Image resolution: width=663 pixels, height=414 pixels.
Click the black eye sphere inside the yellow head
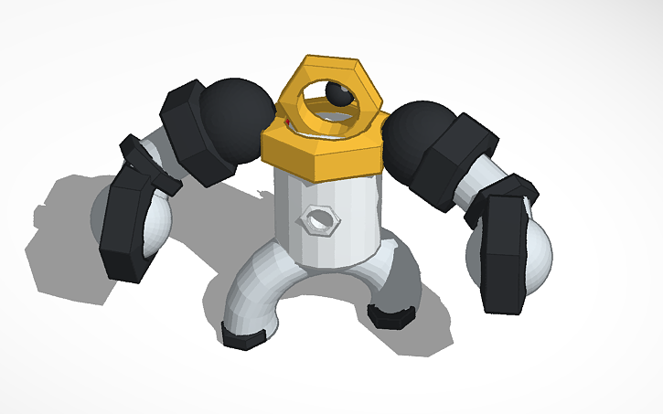coord(339,94)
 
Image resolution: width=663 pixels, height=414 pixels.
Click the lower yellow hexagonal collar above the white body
coord(320,151)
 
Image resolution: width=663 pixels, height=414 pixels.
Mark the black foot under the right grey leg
coord(390,315)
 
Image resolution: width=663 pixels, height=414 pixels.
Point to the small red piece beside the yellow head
coord(286,121)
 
